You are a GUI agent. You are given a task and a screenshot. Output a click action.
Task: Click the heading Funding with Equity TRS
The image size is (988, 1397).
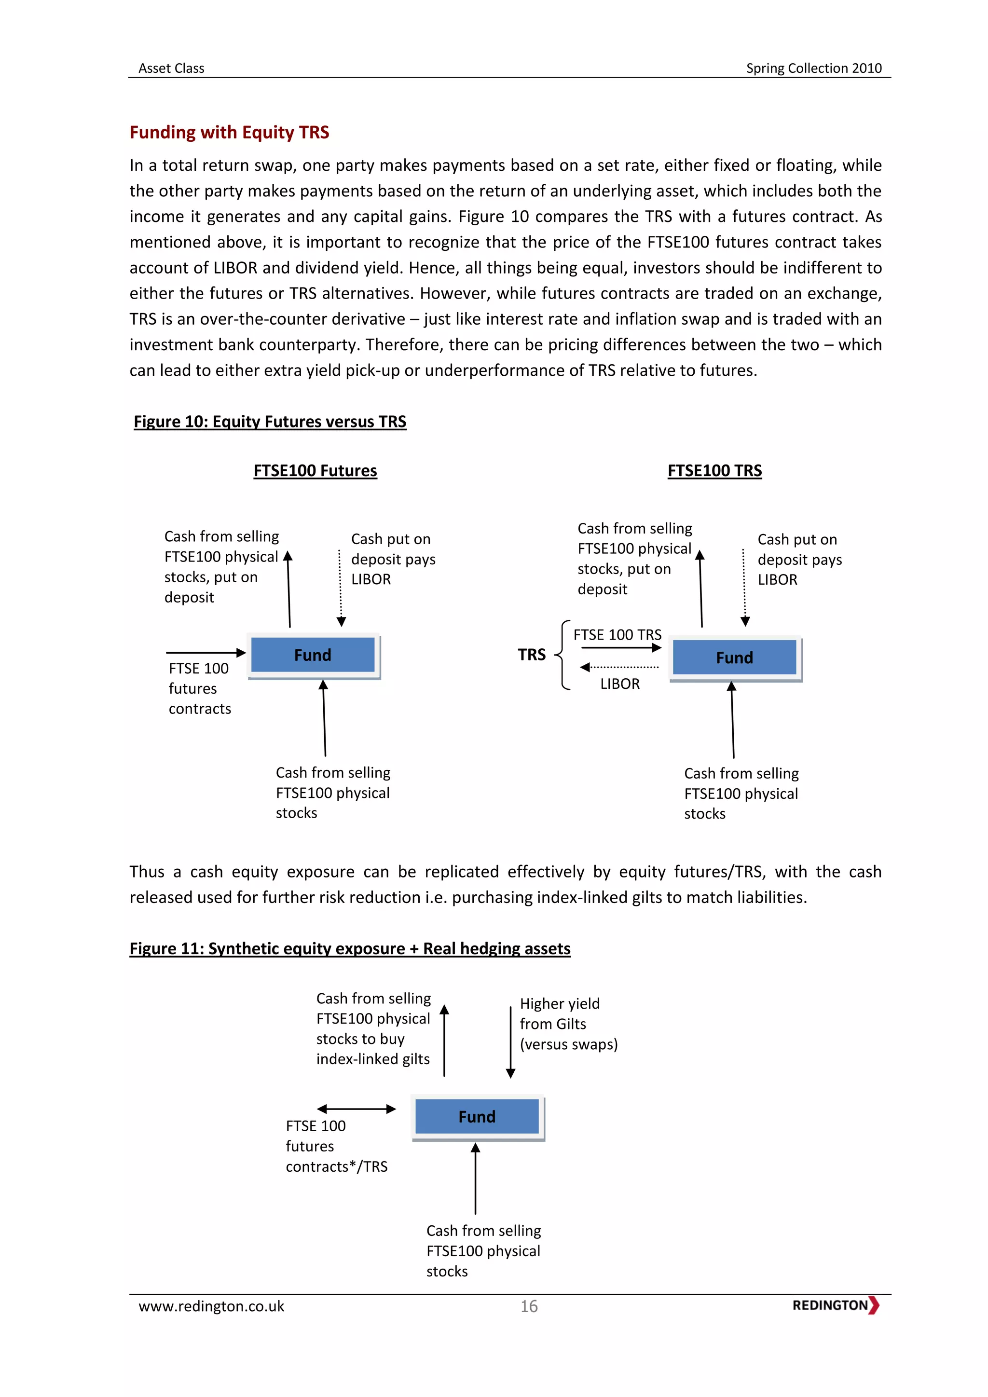pos(229,132)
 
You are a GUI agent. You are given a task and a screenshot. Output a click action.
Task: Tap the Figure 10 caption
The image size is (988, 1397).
pos(270,422)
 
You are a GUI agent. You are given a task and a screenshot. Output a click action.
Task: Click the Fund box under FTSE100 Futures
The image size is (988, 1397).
pos(313,655)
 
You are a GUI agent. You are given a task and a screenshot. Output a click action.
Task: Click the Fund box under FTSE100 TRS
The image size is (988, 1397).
pos(734,657)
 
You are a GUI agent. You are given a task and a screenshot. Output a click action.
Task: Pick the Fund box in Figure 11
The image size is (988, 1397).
pos(477,1117)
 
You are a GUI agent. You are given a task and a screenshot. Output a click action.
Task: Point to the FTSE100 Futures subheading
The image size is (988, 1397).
pos(315,471)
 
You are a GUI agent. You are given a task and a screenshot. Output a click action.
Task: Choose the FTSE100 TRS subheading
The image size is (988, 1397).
pos(714,471)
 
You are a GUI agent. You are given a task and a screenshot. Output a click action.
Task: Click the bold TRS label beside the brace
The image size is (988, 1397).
pos(532,655)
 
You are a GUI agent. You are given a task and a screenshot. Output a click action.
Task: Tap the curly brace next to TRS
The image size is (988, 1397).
pos(563,655)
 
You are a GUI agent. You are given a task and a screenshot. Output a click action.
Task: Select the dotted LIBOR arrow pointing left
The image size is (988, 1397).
pos(619,668)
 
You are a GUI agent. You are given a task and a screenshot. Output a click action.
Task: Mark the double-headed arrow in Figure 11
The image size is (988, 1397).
pos(357,1109)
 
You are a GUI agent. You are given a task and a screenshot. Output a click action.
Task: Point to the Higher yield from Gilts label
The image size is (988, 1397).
pos(568,1024)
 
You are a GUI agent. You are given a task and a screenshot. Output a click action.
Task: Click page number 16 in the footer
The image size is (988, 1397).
pos(529,1306)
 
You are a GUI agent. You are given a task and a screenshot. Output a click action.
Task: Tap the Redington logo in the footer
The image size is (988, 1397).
pos(835,1306)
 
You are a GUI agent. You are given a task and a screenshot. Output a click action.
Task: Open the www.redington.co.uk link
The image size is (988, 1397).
pos(211,1306)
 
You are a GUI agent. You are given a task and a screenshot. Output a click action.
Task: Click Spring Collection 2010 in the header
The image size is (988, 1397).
pos(813,68)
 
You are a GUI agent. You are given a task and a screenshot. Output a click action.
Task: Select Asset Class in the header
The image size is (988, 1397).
pos(172,68)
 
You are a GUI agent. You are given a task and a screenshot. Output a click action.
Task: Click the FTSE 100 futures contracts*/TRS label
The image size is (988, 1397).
pos(336,1146)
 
